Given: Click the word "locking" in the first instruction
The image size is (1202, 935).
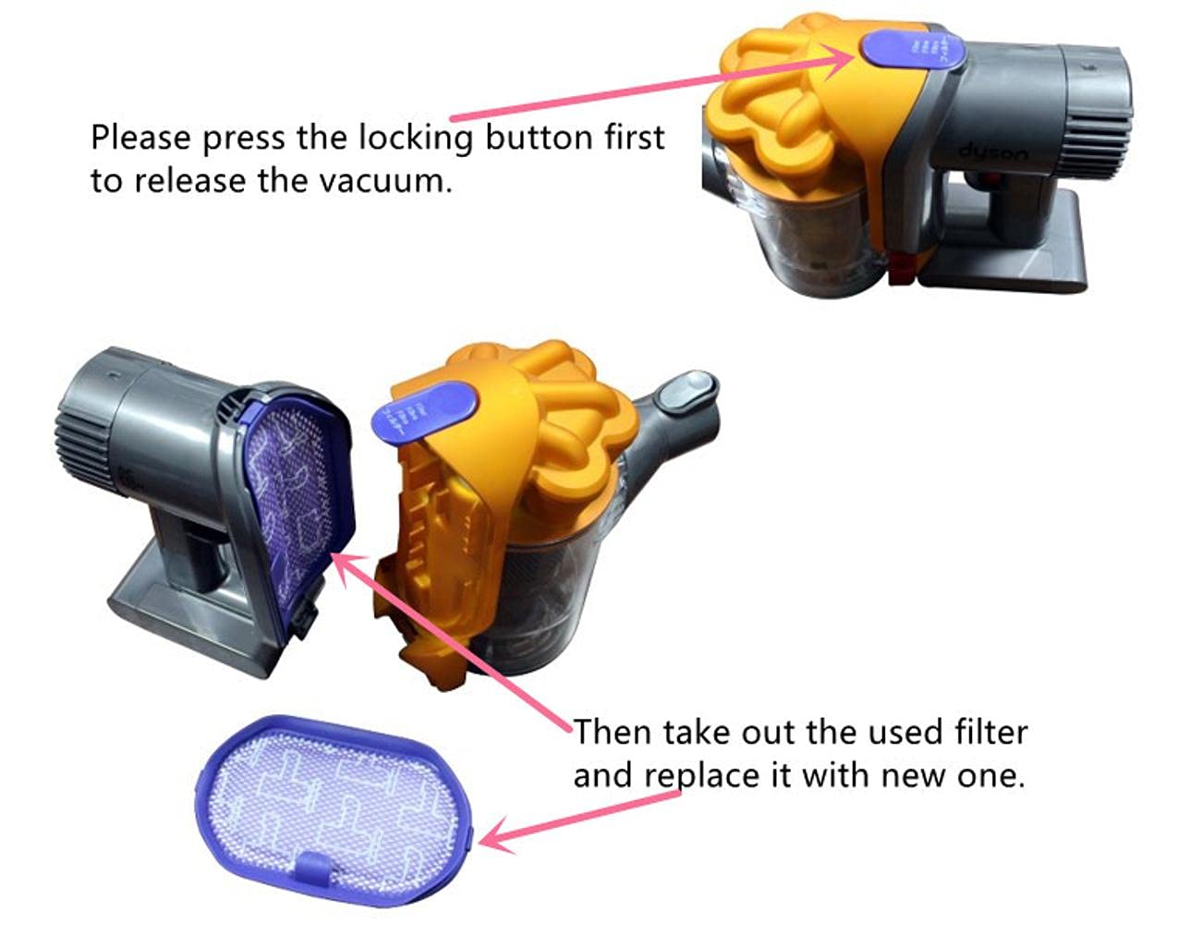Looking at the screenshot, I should click(x=417, y=138).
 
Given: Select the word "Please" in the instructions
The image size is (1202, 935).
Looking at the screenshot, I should click(x=141, y=138).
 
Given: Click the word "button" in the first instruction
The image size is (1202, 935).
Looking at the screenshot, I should click(x=540, y=138).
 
